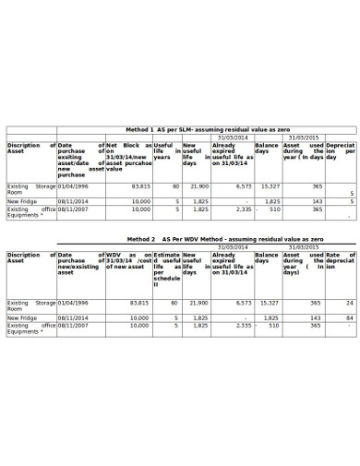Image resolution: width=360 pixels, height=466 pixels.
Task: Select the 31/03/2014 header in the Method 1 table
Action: pyautogui.click(x=233, y=137)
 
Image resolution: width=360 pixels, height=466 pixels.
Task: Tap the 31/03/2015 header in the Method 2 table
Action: pyautogui.click(x=304, y=246)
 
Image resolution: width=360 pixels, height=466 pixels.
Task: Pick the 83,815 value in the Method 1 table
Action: pyautogui.click(x=139, y=185)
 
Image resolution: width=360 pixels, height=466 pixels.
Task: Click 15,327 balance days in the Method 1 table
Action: pyautogui.click(x=269, y=185)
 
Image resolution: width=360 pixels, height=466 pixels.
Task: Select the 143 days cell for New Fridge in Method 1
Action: pyautogui.click(x=317, y=201)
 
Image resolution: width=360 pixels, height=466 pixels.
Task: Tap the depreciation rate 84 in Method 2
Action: pyautogui.click(x=349, y=317)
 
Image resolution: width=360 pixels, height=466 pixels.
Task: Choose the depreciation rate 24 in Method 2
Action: pyautogui.click(x=349, y=303)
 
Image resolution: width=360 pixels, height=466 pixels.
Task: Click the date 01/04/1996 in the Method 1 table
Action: pyautogui.click(x=74, y=185)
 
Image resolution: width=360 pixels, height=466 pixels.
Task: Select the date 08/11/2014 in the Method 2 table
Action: pyautogui.click(x=73, y=317)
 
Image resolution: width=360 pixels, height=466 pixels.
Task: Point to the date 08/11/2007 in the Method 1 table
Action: pyautogui.click(x=73, y=209)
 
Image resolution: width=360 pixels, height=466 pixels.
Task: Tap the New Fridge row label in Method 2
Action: pyautogui.click(x=22, y=317)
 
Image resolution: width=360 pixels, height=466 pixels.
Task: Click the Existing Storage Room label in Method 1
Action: pyautogui.click(x=30, y=189)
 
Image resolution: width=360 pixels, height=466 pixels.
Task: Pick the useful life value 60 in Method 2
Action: pyautogui.click(x=174, y=303)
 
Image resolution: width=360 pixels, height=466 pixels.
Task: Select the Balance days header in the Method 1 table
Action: pyautogui.click(x=267, y=149)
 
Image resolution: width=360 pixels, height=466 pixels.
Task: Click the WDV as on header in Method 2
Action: pyautogui.click(x=128, y=257)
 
